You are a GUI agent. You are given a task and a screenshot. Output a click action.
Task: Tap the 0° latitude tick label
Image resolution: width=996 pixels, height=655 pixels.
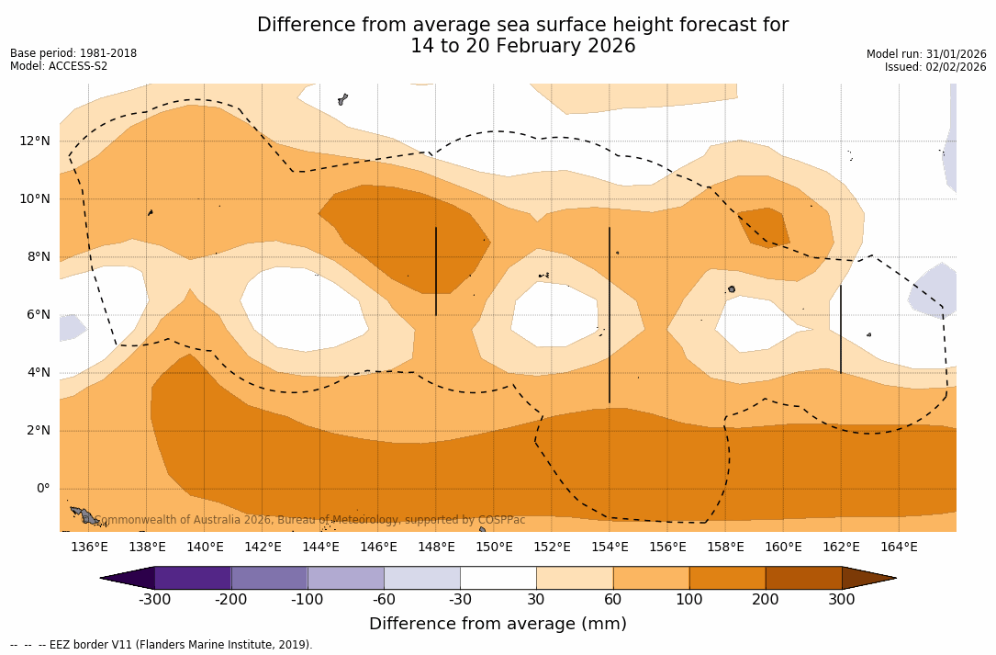(41, 488)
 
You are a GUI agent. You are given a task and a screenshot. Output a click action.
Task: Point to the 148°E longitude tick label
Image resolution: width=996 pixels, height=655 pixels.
(436, 547)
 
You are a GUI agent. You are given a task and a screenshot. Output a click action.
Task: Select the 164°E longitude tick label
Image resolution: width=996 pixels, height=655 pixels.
(899, 547)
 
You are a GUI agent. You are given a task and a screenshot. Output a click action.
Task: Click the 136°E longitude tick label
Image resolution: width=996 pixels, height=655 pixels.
(89, 547)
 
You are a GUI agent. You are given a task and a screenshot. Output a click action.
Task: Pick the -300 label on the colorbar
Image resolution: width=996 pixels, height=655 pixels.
(154, 600)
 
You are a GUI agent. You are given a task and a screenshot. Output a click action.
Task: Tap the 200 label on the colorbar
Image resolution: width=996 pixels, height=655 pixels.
(766, 600)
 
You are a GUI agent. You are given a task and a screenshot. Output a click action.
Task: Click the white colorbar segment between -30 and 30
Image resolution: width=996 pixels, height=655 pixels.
(498, 578)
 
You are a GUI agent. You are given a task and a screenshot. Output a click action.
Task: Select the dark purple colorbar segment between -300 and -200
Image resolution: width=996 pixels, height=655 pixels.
(193, 578)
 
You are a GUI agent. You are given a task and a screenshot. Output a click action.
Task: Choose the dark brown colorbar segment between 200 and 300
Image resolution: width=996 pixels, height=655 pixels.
(803, 578)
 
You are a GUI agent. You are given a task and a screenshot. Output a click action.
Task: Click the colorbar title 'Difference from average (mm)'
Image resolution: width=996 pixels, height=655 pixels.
(498, 625)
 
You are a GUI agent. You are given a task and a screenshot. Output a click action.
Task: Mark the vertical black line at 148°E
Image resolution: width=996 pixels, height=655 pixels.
(436, 271)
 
